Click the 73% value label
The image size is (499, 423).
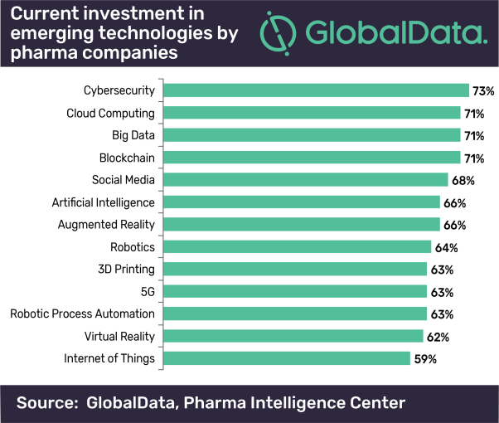(483, 91)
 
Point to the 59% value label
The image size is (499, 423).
(426, 359)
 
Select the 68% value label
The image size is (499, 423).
(463, 181)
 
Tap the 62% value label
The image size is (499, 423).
(438, 337)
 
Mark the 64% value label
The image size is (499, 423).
(447, 247)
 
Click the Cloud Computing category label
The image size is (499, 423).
(110, 113)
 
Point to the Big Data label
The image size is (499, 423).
(133, 135)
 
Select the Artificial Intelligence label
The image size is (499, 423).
(103, 202)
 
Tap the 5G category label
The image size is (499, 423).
(147, 292)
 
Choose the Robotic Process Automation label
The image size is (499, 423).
(82, 314)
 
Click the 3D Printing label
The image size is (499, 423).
(126, 270)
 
